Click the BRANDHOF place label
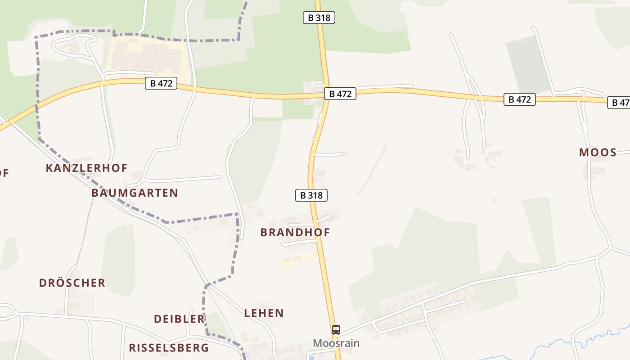(295, 232)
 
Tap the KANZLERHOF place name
(86, 168)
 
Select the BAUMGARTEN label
(135, 193)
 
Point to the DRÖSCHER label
(72, 283)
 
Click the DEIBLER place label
(179, 319)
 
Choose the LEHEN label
(264, 313)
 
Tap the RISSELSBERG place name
(169, 347)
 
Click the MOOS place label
(598, 152)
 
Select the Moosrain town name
(336, 343)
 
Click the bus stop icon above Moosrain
(336, 329)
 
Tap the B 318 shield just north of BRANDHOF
(311, 195)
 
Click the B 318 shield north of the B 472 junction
(319, 18)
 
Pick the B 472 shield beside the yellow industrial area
(161, 83)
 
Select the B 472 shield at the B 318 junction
(340, 94)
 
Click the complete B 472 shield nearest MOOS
(520, 99)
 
